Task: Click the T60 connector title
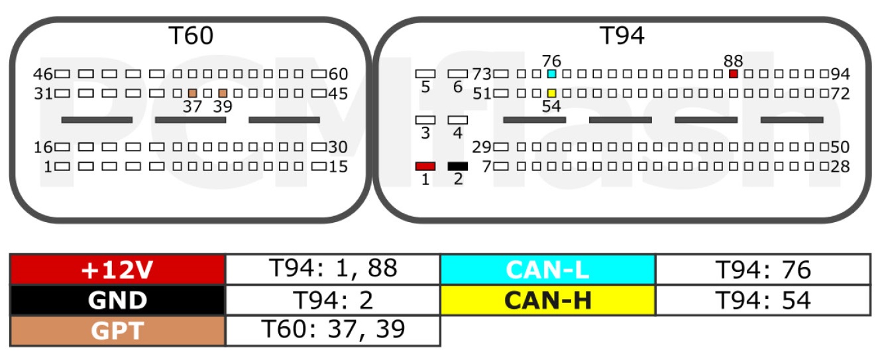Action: click(x=191, y=35)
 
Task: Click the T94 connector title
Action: click(x=622, y=35)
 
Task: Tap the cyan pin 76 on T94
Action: click(x=551, y=74)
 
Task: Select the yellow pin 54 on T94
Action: click(x=551, y=93)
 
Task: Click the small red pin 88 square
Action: click(x=733, y=74)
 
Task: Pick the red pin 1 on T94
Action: click(x=425, y=166)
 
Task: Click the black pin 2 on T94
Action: click(x=457, y=166)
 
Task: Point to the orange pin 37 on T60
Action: click(x=193, y=93)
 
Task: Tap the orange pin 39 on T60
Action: click(x=223, y=93)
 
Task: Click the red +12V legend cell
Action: click(x=118, y=270)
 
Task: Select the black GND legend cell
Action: click(x=118, y=300)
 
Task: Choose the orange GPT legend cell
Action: click(x=118, y=331)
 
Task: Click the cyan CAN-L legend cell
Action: click(x=548, y=270)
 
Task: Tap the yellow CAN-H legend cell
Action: click(x=548, y=300)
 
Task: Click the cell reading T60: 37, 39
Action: click(x=333, y=331)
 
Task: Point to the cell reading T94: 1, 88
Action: click(x=333, y=270)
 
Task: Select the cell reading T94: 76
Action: click(x=763, y=270)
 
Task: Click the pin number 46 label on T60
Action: click(x=43, y=74)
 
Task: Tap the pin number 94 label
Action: click(x=840, y=74)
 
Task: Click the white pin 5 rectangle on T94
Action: click(x=425, y=74)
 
